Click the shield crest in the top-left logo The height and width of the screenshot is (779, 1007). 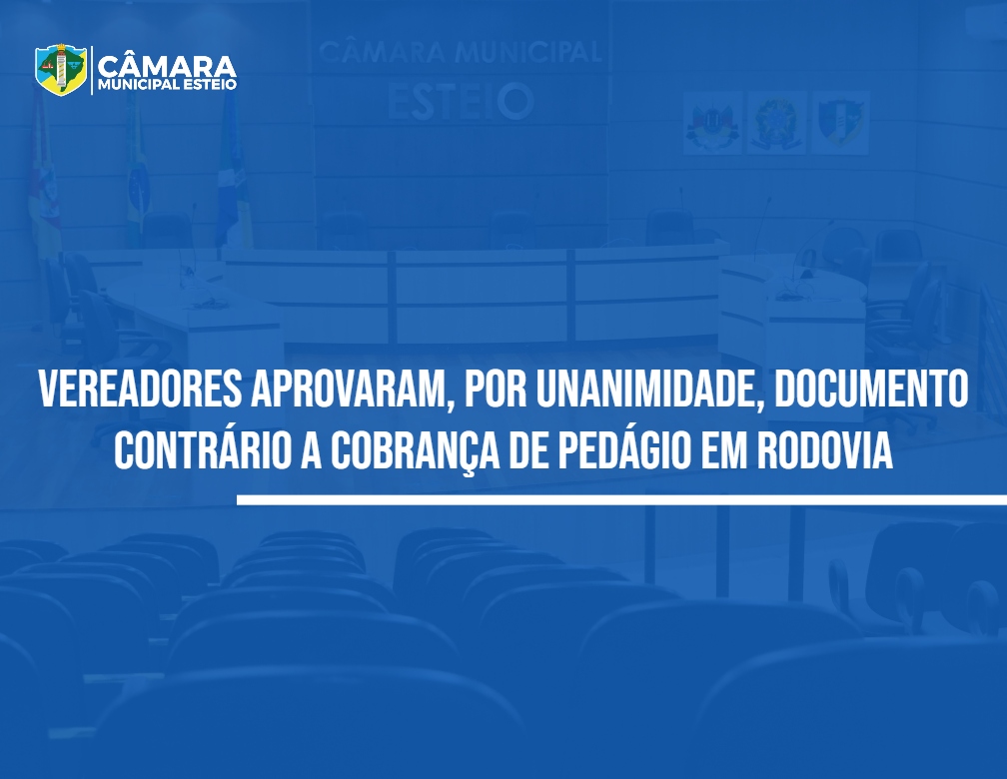tap(61, 69)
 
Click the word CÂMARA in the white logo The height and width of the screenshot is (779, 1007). tap(167, 65)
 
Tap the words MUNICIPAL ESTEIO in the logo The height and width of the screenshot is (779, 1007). tap(167, 85)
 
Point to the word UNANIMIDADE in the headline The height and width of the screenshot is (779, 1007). tap(651, 389)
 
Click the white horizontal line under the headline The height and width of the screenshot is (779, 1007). tap(621, 499)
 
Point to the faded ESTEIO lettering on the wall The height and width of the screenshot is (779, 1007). tap(460, 102)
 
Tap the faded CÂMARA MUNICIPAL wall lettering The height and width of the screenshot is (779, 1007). tap(460, 51)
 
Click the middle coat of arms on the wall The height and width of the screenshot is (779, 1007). tap(776, 122)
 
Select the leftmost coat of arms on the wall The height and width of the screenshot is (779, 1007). tap(712, 122)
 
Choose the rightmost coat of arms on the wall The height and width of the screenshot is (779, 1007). tap(841, 122)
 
